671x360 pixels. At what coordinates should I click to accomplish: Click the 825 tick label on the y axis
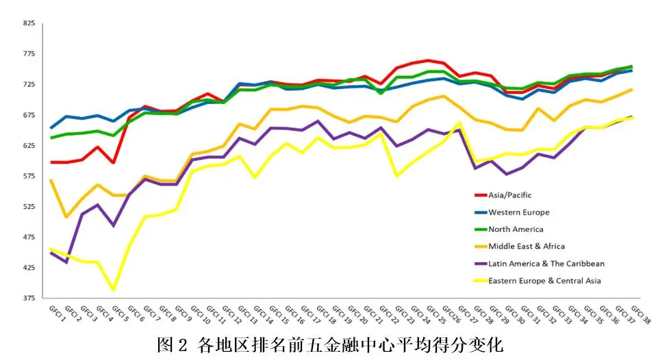(x=29, y=23)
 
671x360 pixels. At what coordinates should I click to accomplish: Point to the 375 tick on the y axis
(x=29, y=298)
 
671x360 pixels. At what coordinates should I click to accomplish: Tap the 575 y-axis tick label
(x=29, y=176)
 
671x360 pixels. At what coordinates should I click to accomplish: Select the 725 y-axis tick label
(x=29, y=84)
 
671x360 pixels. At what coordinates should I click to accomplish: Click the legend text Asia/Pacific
(x=511, y=195)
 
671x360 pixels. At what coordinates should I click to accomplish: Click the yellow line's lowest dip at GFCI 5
(x=114, y=290)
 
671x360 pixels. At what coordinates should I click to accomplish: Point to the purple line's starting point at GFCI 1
(x=51, y=253)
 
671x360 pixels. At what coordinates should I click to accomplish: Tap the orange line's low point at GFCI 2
(x=67, y=216)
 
